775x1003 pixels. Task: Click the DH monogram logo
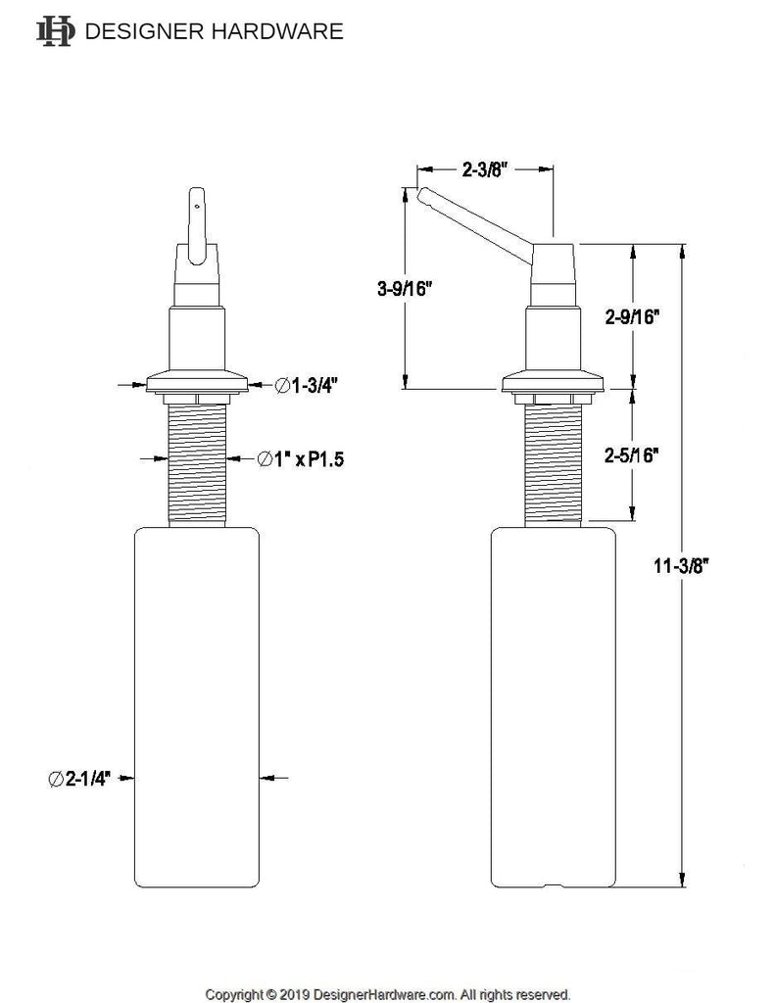pos(56,30)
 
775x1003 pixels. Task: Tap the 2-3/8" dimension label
pos(484,169)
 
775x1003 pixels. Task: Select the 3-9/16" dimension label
pos(405,289)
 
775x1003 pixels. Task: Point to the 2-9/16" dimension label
pos(632,316)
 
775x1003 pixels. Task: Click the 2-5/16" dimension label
pos(632,454)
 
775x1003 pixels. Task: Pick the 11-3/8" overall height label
pos(682,565)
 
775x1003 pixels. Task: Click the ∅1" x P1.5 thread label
pos(301,459)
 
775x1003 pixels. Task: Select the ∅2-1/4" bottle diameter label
pos(79,779)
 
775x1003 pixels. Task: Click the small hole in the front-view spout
pos(197,206)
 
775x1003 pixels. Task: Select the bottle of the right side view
pos(553,707)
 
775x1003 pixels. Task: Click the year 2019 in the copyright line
pos(294,995)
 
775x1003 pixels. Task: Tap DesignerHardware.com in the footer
pos(385,995)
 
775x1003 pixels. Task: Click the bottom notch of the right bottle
pos(553,885)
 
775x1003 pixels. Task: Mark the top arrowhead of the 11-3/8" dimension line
pos(682,252)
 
